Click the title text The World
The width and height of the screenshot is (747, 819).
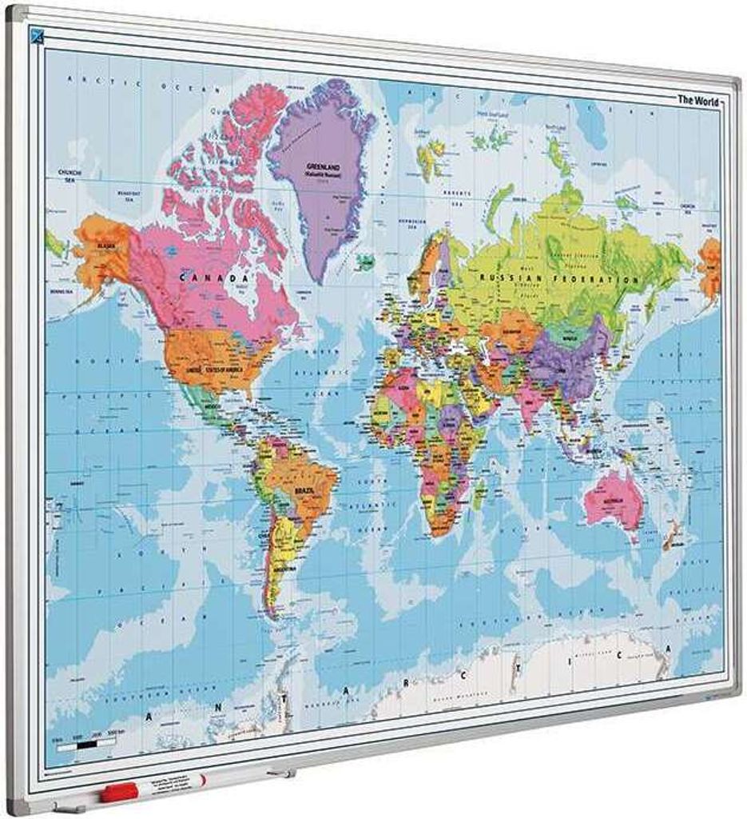click(697, 101)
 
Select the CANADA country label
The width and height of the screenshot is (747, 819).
click(212, 278)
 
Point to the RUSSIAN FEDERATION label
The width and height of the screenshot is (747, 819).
click(558, 278)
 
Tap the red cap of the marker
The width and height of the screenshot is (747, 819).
click(118, 793)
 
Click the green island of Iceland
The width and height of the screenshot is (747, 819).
click(365, 262)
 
